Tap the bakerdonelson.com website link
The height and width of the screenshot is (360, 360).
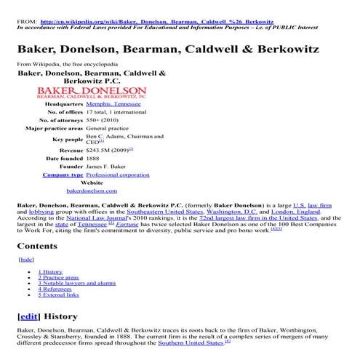pos(92,191)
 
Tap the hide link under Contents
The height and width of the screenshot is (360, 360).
pos(26,258)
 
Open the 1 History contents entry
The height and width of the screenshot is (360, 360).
pos(51,271)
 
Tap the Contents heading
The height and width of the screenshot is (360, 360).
pos(36,245)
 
